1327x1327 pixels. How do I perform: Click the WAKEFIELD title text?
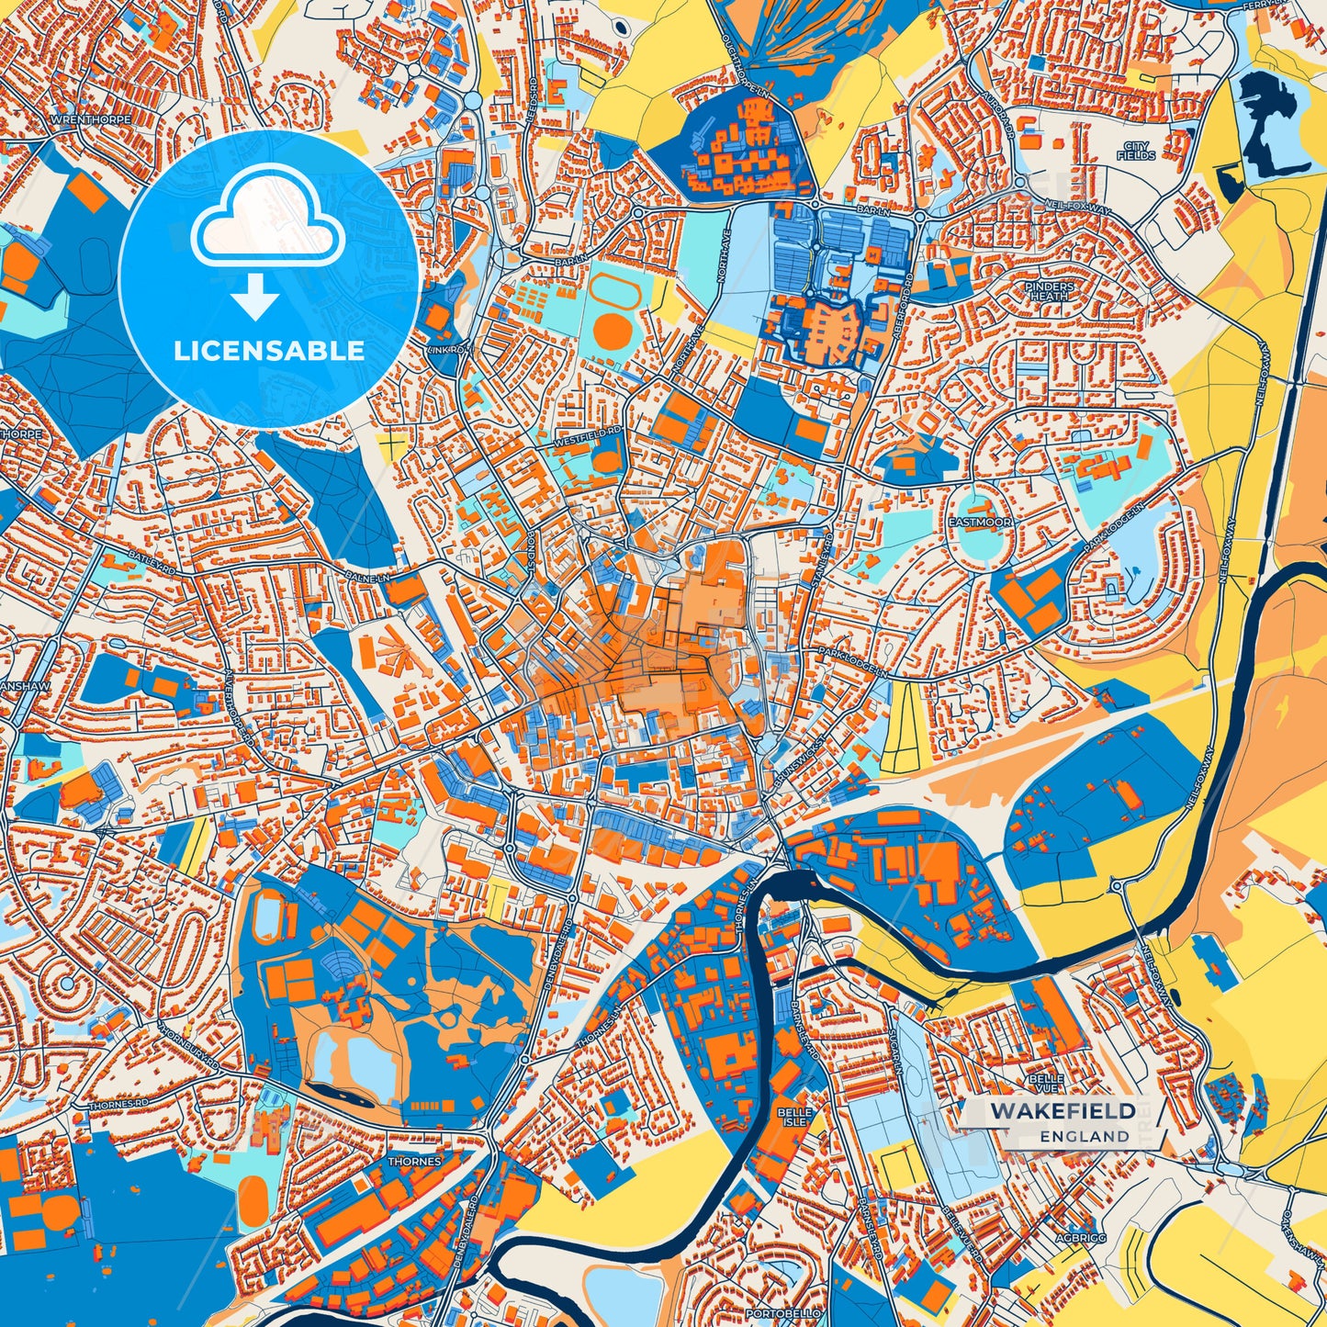1063,1111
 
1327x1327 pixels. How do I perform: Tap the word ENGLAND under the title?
1085,1136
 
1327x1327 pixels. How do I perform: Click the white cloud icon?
267,223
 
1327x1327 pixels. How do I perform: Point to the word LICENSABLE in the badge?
269,351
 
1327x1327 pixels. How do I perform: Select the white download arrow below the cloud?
255,296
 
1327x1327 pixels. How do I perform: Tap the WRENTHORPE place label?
92,119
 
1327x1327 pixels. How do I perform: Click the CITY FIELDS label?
1136,152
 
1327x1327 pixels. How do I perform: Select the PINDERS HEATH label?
1049,291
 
